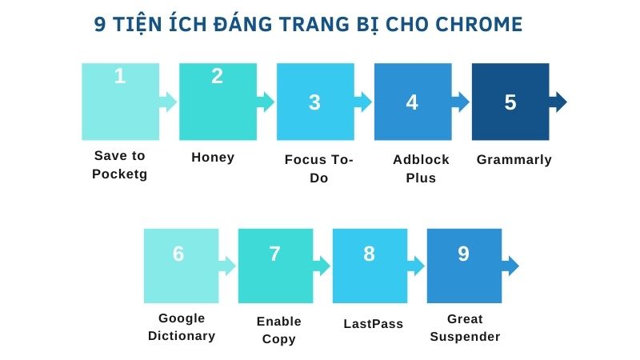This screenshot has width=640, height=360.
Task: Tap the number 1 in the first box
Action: point(120,77)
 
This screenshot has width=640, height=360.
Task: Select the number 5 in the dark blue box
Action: point(510,102)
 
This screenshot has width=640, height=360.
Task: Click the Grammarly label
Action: point(514,160)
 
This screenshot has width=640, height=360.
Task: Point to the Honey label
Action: point(213,158)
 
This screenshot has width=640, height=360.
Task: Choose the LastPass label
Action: point(373,324)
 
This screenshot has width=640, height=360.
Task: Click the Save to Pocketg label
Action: point(120,165)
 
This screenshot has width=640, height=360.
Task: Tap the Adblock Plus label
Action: point(421,169)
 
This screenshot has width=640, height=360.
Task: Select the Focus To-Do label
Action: point(318,169)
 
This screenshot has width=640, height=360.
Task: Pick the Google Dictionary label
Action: point(182,327)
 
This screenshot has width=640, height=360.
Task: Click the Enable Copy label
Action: point(278,330)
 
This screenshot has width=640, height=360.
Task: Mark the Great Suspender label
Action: point(465,328)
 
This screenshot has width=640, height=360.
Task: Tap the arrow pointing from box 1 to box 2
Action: point(168,102)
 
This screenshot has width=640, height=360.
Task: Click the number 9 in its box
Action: point(463,254)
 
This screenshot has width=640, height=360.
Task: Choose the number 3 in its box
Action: point(314,102)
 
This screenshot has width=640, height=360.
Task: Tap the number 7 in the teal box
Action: point(275,254)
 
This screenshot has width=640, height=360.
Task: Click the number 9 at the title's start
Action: point(100,24)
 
